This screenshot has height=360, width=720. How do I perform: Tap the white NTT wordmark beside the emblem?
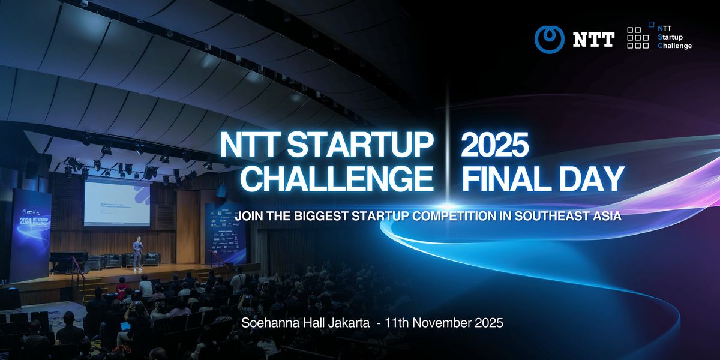[593, 40]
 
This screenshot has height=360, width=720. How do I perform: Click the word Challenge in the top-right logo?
[675, 46]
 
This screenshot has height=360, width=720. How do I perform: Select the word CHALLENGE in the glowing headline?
[340, 178]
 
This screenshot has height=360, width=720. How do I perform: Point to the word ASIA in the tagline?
[605, 215]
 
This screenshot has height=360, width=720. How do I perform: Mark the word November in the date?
[441, 323]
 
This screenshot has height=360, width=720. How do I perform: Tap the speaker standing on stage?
[137, 253]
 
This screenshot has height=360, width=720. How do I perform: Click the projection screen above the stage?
[117, 204]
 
